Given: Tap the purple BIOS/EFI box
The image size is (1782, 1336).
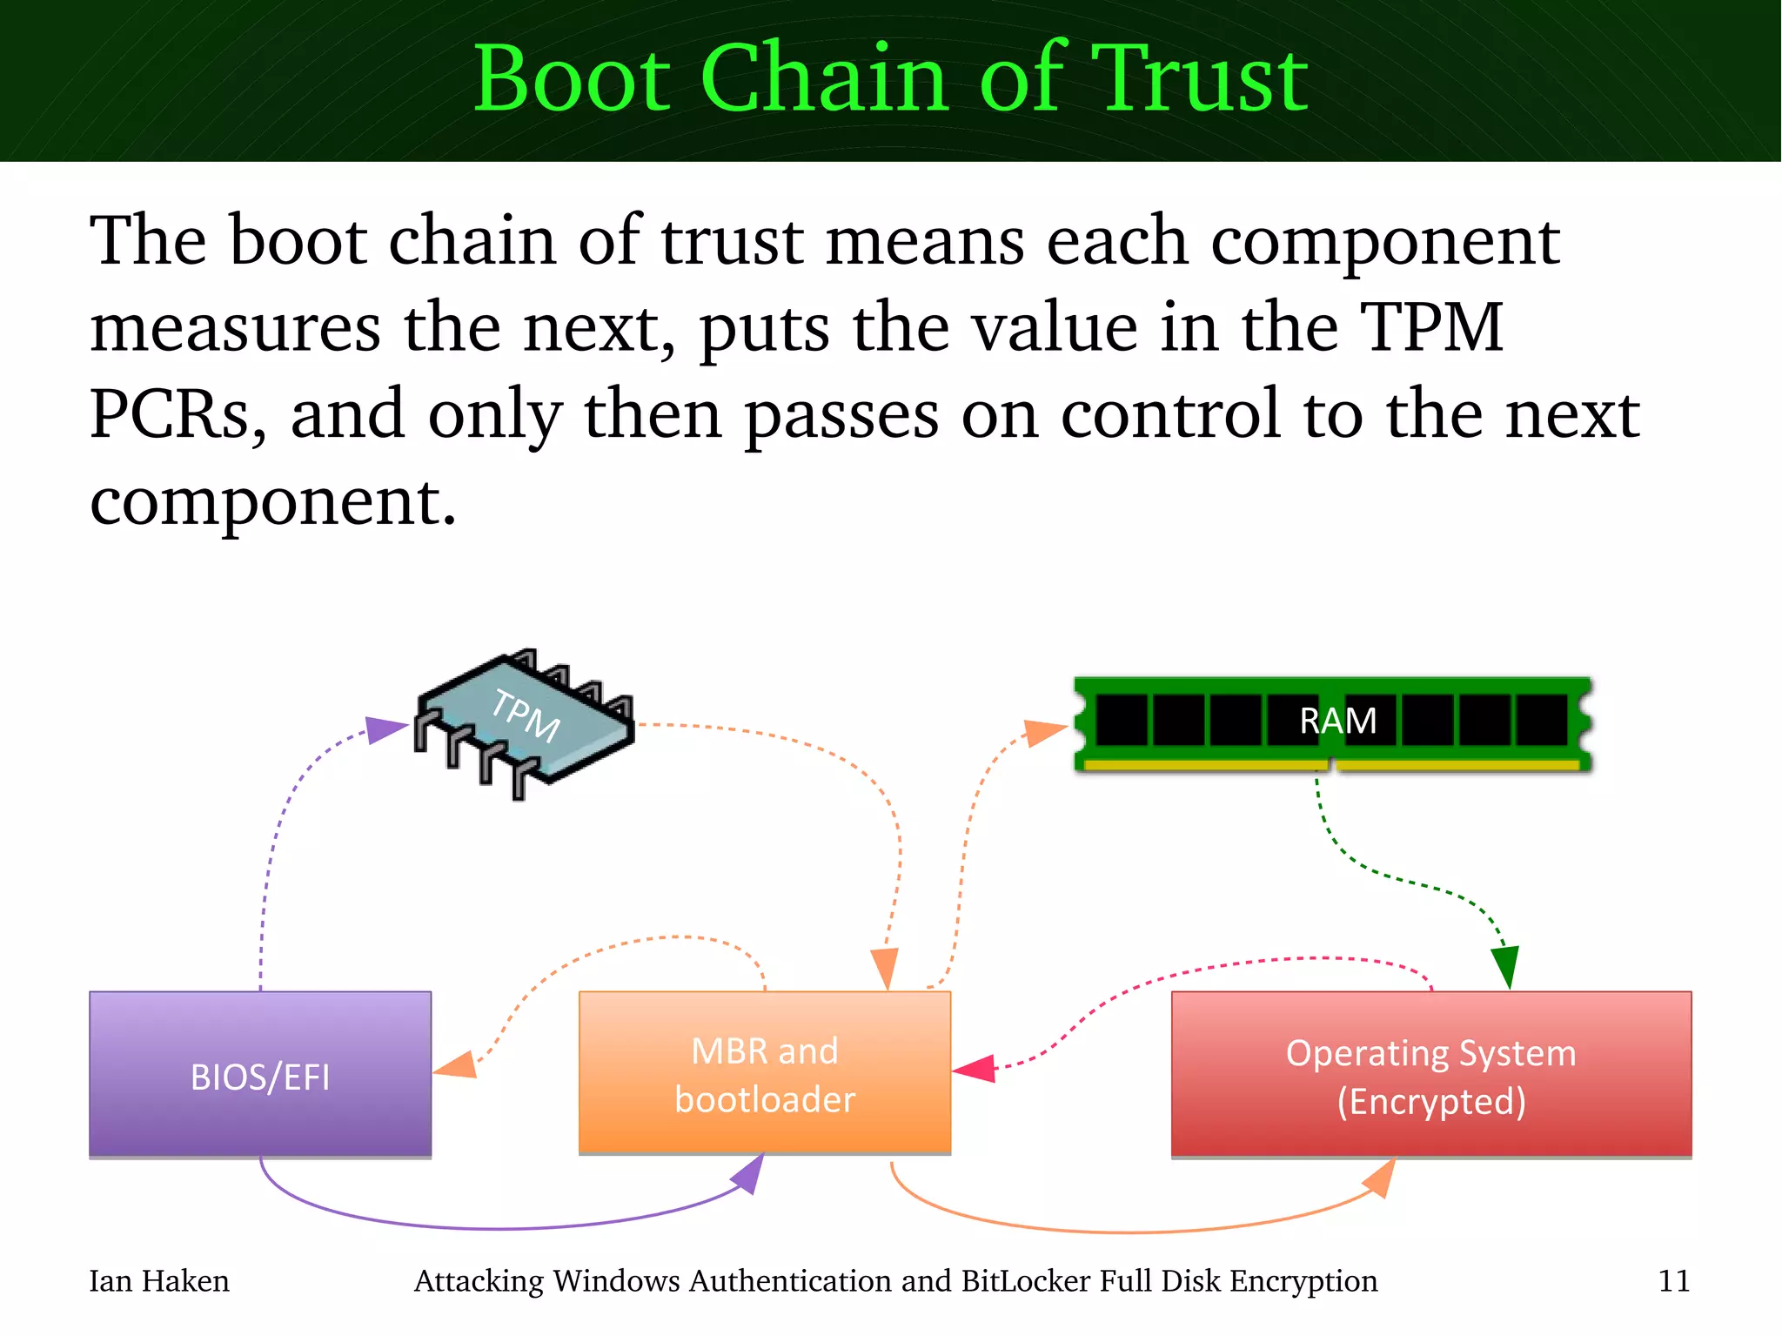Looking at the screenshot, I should point(260,1075).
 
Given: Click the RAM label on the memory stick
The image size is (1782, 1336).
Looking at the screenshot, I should point(1337,721).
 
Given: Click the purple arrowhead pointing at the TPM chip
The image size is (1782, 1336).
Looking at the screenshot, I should point(384,728).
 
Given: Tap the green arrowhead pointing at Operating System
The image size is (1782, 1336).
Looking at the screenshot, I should point(1505,966).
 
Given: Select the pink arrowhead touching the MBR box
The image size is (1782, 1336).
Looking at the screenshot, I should point(976,1068).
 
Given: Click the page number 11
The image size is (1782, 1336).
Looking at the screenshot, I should point(1674,1281).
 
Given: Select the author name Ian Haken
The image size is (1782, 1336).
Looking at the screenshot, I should point(159,1281).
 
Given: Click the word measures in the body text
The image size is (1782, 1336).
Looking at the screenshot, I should point(235,328).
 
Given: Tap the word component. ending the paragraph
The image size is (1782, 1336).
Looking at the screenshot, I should point(273,503).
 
